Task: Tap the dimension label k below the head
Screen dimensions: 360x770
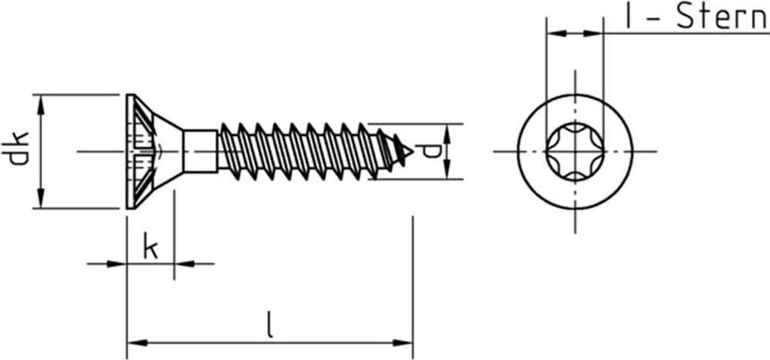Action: (150, 248)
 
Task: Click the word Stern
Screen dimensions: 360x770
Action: (721, 17)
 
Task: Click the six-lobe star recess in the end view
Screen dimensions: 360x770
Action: (574, 152)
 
